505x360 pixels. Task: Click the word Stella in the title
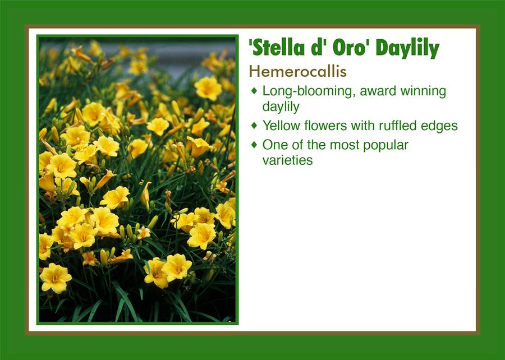[x=276, y=48]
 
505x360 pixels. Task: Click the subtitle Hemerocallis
[x=297, y=71]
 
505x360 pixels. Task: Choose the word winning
[x=423, y=91]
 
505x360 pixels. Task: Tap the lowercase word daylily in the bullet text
[x=281, y=107]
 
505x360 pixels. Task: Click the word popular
[x=385, y=145]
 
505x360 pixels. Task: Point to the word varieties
[x=288, y=160]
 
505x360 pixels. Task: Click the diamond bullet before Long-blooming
[x=254, y=91]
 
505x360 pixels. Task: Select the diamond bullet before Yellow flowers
[x=254, y=125]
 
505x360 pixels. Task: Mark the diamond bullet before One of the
[x=254, y=145]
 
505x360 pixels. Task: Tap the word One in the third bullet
[x=273, y=145]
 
